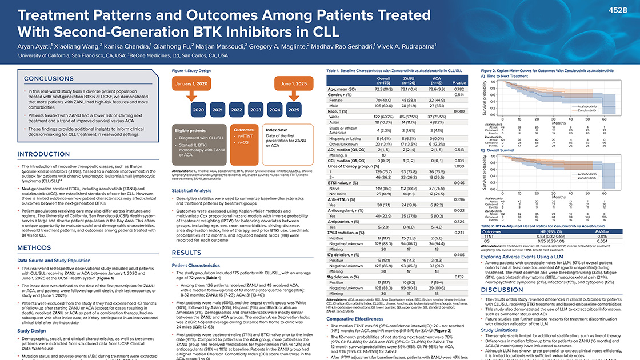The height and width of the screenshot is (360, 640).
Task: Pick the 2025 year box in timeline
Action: point(294,110)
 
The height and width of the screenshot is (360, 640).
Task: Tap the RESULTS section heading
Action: point(186,252)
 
